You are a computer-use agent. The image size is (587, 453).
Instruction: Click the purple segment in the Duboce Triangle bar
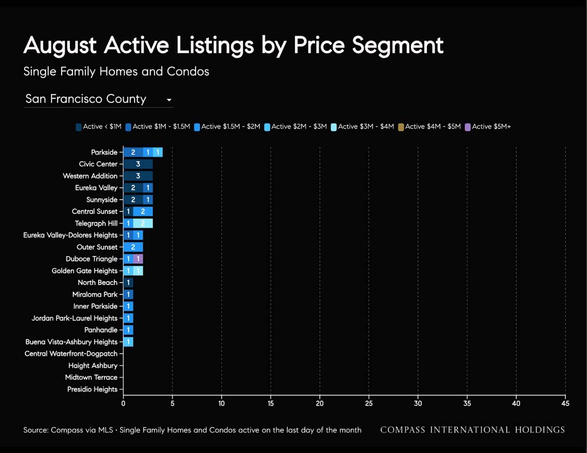click(x=138, y=259)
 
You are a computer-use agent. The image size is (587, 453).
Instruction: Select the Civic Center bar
click(x=138, y=164)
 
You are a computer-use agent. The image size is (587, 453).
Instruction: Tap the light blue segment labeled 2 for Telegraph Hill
click(x=143, y=223)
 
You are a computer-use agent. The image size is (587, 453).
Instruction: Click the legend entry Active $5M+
click(x=488, y=127)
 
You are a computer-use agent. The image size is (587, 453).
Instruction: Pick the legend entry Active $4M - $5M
click(x=429, y=127)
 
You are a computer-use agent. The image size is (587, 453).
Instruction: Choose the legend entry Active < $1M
click(x=99, y=127)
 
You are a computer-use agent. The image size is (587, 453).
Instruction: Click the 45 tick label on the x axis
click(x=565, y=403)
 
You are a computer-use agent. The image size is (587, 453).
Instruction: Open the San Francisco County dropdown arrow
click(x=169, y=100)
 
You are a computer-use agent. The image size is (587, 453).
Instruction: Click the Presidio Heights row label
click(x=92, y=389)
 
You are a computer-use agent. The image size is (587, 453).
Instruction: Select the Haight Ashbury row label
click(x=93, y=366)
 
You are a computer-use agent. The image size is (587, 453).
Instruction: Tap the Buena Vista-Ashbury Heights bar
click(x=128, y=342)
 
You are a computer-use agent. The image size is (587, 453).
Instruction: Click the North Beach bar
click(x=128, y=282)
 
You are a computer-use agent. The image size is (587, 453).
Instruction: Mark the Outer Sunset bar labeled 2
click(x=133, y=247)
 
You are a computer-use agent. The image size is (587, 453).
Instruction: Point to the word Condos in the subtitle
click(x=188, y=71)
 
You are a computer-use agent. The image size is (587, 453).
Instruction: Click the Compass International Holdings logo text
click(x=473, y=430)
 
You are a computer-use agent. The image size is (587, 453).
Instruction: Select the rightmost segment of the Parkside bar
click(x=158, y=152)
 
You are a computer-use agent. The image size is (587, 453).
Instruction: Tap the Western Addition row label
click(x=90, y=176)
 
